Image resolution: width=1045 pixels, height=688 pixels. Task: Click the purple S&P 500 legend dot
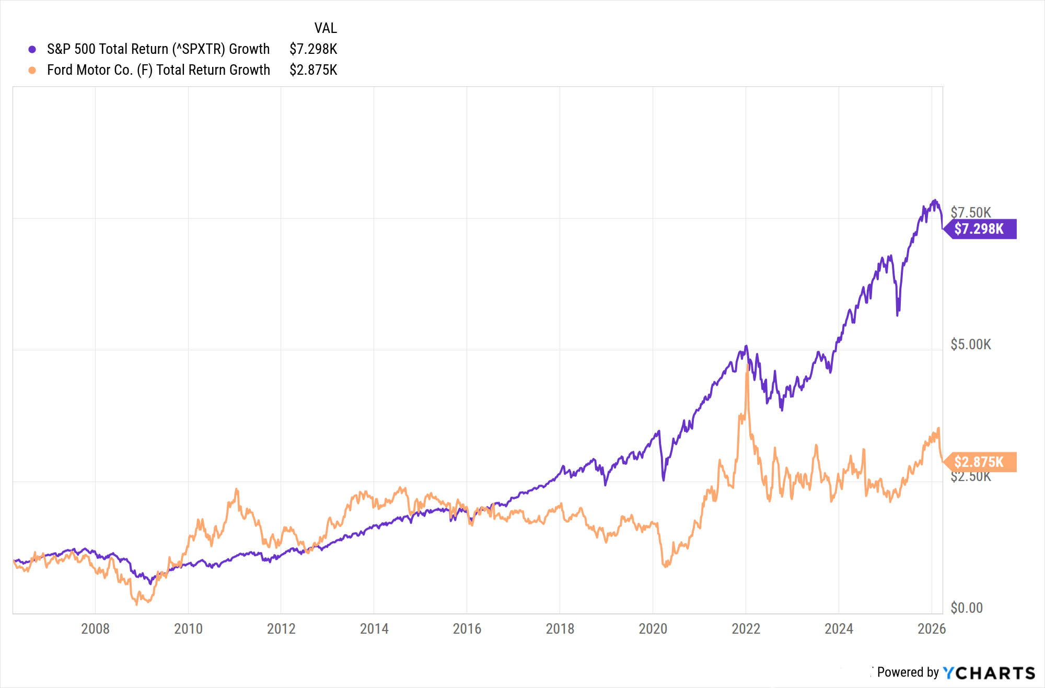click(32, 49)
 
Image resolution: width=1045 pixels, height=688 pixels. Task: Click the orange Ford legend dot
click(32, 70)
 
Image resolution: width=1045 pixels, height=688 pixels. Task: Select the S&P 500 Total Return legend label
click(158, 49)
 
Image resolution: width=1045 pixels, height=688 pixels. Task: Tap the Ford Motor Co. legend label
click(158, 70)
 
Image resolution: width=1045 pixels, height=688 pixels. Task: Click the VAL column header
click(326, 28)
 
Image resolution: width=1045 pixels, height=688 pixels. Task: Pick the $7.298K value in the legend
click(313, 49)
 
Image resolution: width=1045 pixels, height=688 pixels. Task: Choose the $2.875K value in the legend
click(313, 70)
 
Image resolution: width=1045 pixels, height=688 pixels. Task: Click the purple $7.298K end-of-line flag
click(980, 229)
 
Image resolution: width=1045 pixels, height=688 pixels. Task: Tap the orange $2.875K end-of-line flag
click(980, 462)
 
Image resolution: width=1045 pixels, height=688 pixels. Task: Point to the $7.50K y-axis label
click(970, 212)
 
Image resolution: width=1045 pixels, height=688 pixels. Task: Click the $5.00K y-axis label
click(970, 345)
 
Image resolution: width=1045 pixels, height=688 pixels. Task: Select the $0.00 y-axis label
click(967, 608)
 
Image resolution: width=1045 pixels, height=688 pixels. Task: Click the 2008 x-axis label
click(95, 628)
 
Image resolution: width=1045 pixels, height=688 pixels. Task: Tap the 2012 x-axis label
click(281, 628)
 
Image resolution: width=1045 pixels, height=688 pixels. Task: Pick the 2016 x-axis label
click(467, 628)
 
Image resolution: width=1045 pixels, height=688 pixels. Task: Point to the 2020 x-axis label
click(653, 628)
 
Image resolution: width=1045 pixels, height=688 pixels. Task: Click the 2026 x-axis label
click(932, 628)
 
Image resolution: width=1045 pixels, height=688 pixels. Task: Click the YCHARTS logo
click(989, 673)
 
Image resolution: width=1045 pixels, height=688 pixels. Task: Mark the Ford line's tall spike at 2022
click(747, 366)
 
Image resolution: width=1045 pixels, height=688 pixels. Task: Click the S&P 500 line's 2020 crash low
click(664, 479)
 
